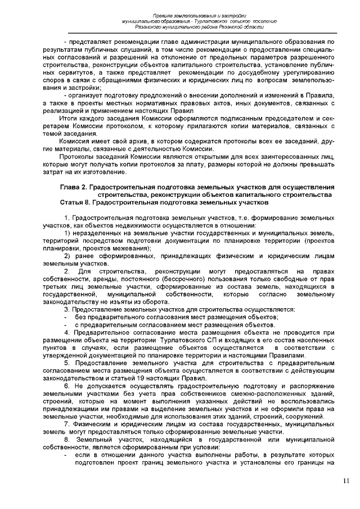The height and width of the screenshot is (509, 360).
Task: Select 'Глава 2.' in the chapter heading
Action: coord(74,187)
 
